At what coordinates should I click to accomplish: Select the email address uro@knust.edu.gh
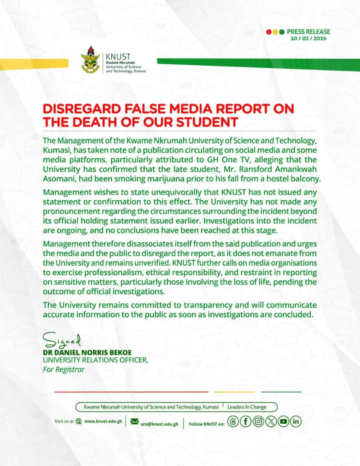click(x=159, y=424)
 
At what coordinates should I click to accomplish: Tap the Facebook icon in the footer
click(x=245, y=422)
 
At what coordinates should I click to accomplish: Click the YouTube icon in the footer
click(x=283, y=422)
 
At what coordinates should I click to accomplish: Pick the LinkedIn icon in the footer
click(x=296, y=422)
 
